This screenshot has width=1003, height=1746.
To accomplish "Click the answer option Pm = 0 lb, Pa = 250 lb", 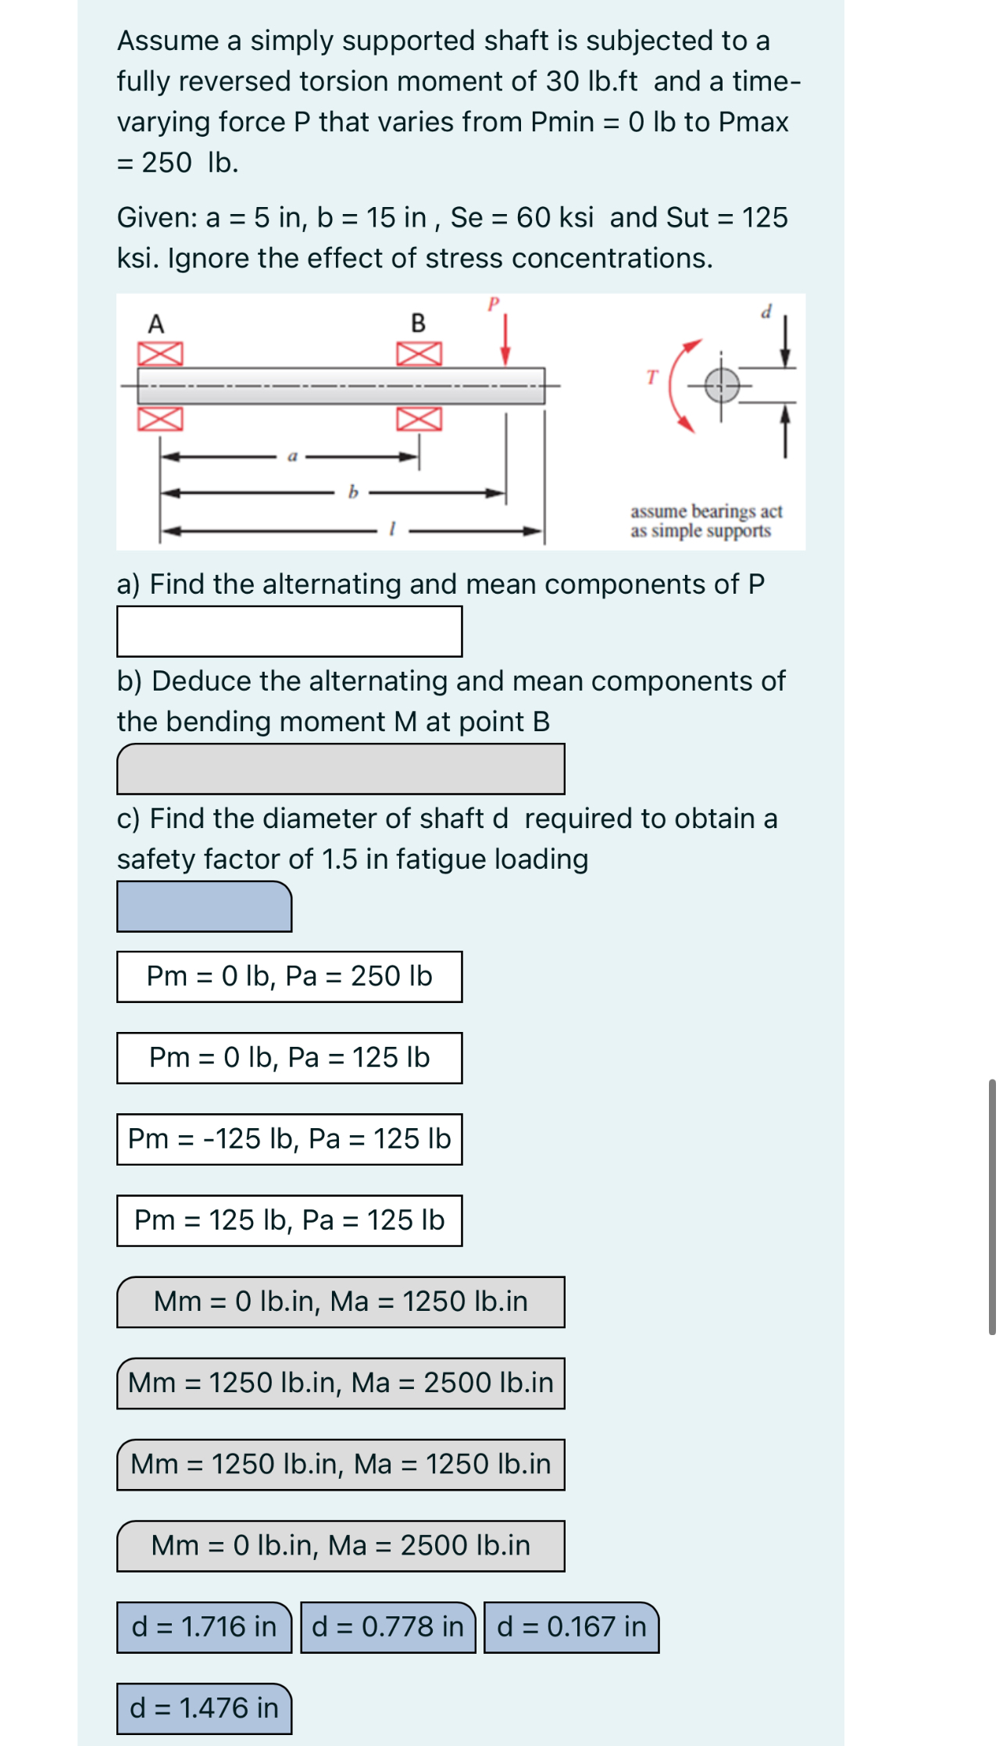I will point(289,977).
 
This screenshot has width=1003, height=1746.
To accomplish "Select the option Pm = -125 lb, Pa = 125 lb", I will point(289,1139).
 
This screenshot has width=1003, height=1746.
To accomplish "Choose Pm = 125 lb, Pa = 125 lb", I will point(289,1220).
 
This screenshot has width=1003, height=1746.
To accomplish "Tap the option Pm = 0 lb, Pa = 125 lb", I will point(289,1058).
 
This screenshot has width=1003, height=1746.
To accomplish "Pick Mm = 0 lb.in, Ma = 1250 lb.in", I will point(341,1301).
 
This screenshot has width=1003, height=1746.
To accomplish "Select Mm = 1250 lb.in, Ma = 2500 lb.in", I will point(341,1383).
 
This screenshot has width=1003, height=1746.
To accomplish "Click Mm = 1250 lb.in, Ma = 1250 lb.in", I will point(341,1464).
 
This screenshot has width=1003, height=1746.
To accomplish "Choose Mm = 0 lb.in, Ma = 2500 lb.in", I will point(341,1545).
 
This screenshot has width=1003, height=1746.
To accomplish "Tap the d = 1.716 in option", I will point(204,1626).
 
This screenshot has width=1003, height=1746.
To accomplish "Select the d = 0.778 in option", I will point(387,1626).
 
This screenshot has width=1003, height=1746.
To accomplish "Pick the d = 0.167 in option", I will point(571,1626).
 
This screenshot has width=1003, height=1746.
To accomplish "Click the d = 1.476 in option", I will point(204,1708).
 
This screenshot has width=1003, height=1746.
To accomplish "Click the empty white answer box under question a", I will point(289,631).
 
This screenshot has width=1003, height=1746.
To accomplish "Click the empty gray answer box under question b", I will point(341,769).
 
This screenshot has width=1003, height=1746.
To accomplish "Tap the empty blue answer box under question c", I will point(204,906).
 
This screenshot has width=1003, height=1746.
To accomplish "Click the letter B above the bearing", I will point(419,323).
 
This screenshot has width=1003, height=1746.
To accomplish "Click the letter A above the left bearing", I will point(156,323).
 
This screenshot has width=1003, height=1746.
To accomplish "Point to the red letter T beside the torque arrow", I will point(653,377).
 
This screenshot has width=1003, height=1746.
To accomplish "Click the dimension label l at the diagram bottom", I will point(393,529).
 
